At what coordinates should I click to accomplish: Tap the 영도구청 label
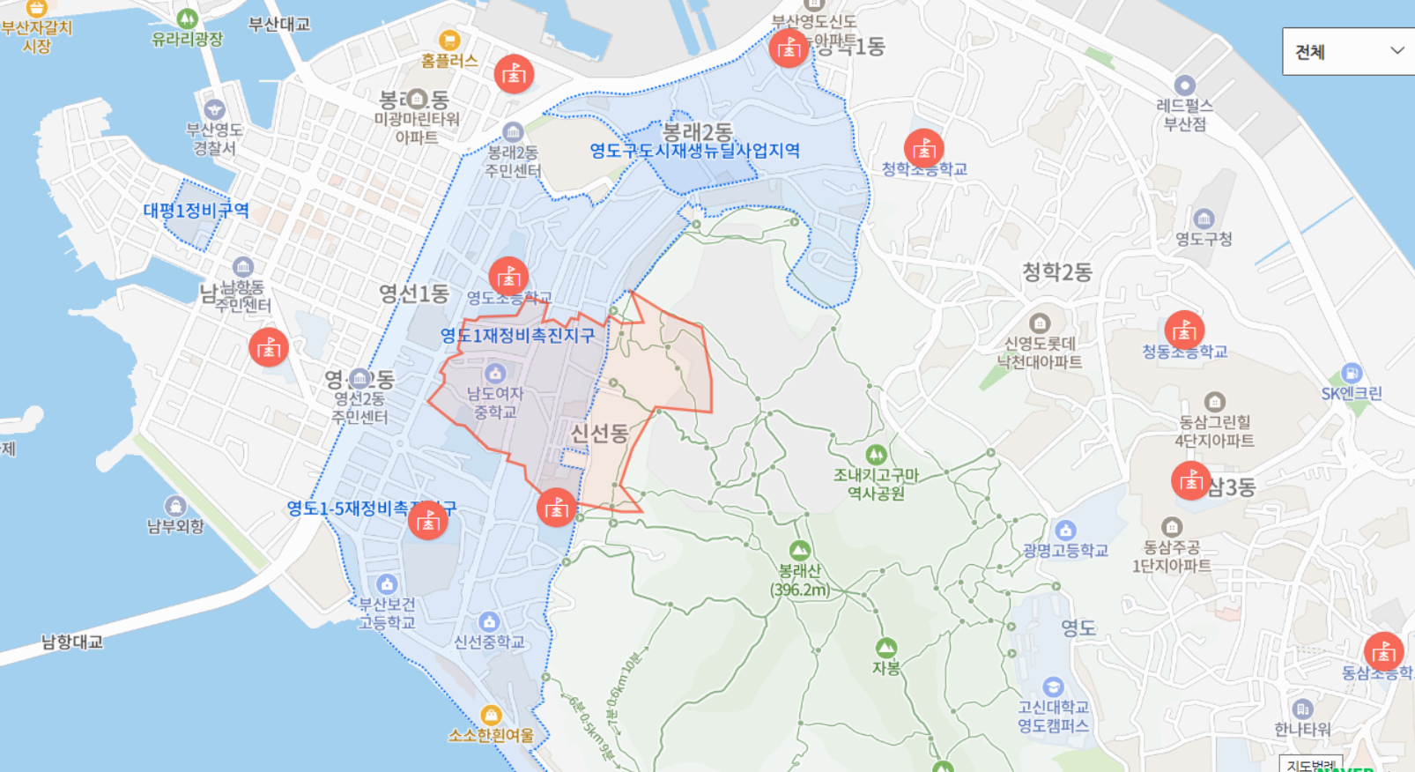[1204, 239]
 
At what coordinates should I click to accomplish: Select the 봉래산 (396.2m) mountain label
[800, 581]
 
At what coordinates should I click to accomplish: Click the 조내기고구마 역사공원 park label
[876, 484]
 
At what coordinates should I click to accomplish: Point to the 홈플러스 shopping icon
[449, 41]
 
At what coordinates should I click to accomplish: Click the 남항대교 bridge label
[72, 642]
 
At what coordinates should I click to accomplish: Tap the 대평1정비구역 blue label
[196, 211]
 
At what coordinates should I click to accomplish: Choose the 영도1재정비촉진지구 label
[517, 336]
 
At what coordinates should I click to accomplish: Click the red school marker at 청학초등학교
[923, 149]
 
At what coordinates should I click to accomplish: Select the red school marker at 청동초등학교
[1184, 330]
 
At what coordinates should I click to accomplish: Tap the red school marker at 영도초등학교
[508, 277]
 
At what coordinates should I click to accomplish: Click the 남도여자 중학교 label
[495, 403]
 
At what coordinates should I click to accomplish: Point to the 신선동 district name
[599, 433]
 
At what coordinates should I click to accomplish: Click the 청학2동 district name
[1056, 272]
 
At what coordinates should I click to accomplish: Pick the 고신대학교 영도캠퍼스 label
[1053, 716]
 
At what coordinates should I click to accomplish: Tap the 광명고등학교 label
[1065, 551]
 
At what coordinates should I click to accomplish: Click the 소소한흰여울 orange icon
[491, 715]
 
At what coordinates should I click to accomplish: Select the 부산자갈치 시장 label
[37, 36]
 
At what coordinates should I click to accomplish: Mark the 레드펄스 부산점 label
[1184, 115]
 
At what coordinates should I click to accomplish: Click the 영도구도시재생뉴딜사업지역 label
[694, 151]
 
